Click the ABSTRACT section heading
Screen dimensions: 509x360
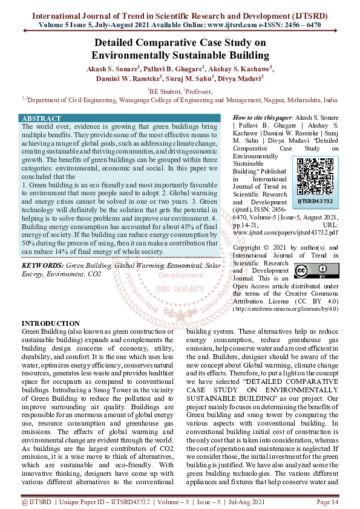pos(41,118)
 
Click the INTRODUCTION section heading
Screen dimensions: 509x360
pos(51,323)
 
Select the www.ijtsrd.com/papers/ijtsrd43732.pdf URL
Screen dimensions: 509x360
pos(285,232)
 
